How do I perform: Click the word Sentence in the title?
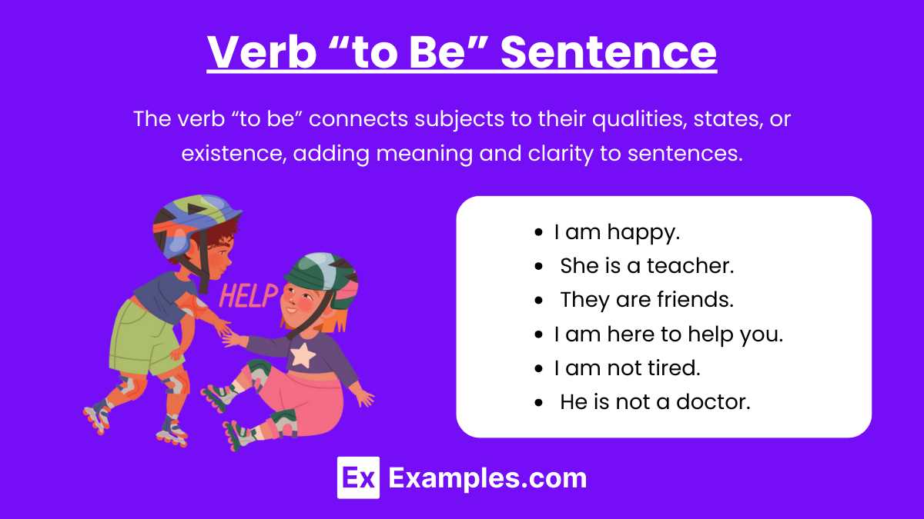(608, 52)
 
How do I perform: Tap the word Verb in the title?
(262, 52)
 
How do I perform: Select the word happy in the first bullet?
(643, 233)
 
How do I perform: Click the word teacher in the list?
(690, 266)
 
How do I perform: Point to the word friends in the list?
(695, 299)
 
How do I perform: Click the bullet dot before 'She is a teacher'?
(538, 266)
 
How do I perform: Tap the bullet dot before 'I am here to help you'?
(538, 334)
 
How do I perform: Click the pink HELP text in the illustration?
(249, 296)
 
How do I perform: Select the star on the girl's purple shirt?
(303, 355)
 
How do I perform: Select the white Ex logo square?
(359, 477)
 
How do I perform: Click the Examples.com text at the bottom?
(487, 478)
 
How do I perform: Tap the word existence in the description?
(234, 153)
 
